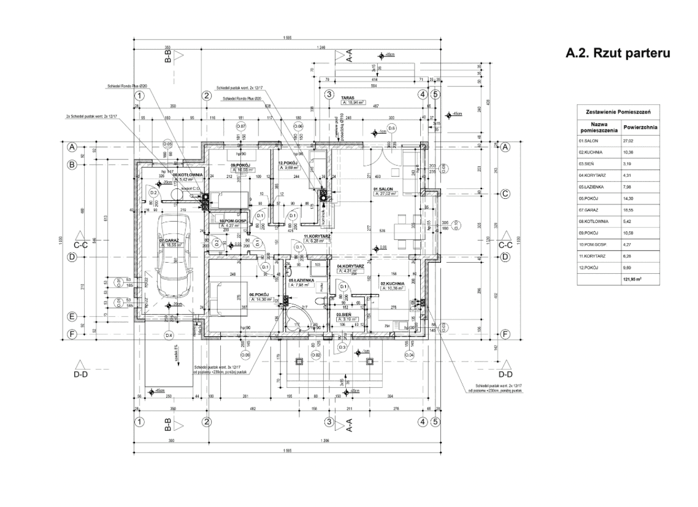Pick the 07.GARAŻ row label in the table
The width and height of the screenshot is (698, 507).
click(588, 209)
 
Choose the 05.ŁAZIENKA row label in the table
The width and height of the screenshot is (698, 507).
click(589, 187)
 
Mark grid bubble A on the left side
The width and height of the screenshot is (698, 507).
click(72, 147)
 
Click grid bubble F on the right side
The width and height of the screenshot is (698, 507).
click(505, 335)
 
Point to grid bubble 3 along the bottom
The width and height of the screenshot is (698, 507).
click(329, 422)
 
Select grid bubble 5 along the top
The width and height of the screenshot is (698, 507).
click(435, 95)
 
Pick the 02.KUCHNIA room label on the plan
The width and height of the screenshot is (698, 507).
click(391, 284)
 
